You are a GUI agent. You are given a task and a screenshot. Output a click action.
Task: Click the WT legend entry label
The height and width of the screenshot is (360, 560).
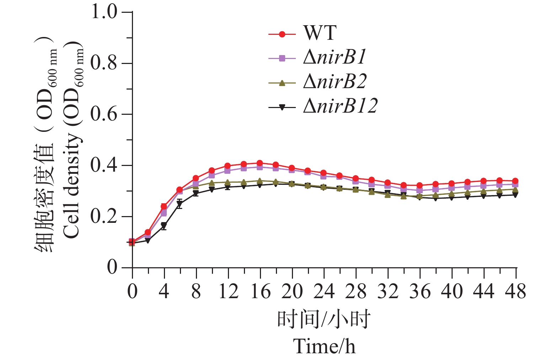tap(319, 33)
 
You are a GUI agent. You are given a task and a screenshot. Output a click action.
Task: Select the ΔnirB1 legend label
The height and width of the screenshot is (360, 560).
tap(335, 58)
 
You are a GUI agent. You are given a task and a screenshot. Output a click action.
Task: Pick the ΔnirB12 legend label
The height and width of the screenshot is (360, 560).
tap(340, 106)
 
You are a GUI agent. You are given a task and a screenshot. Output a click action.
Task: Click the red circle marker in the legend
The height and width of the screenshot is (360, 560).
tap(282, 34)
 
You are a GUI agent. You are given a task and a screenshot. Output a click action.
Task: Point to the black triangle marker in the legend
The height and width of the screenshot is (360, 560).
tap(282, 107)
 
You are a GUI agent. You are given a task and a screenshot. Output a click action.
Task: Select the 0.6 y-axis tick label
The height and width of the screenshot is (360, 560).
tap(104, 114)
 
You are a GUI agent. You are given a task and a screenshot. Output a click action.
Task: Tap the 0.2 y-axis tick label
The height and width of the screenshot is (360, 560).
tap(104, 216)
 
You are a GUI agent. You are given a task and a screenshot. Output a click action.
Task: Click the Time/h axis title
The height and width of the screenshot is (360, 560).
tap(324, 345)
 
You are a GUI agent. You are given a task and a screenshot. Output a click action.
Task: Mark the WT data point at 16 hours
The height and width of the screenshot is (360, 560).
tap(260, 163)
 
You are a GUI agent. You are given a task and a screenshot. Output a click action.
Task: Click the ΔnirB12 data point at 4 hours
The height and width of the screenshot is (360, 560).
tap(164, 226)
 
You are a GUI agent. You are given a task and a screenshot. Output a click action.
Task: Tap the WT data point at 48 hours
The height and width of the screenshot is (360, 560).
tap(516, 181)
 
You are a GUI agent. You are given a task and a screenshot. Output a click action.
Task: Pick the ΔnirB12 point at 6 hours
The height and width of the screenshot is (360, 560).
tap(180, 204)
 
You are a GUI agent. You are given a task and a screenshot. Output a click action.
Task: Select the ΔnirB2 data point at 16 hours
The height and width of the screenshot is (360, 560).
tap(260, 181)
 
